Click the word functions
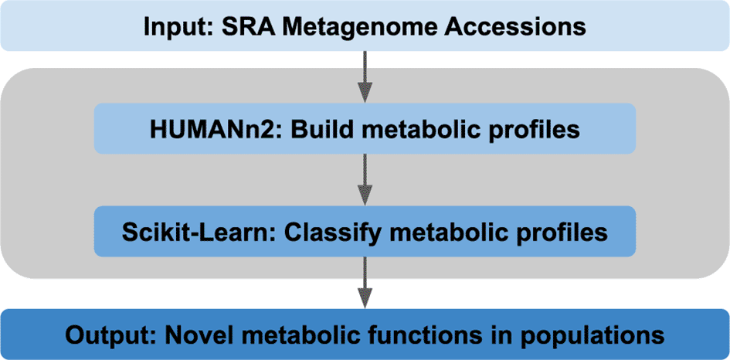click(444, 334)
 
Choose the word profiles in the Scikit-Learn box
click(576, 233)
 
